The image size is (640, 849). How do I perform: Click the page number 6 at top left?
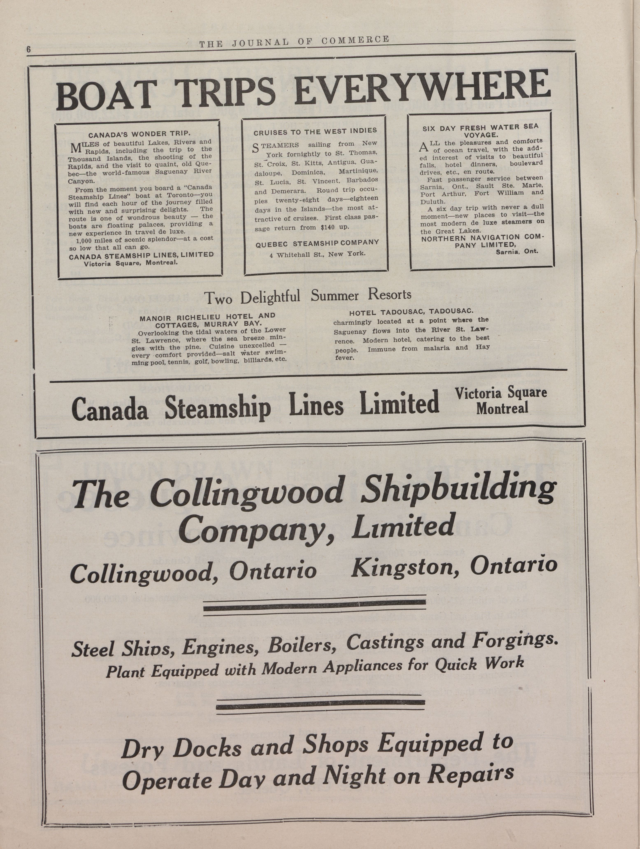click(28, 50)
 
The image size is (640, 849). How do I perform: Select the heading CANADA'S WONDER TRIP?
click(139, 134)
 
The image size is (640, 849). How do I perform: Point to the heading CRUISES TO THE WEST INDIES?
click(315, 131)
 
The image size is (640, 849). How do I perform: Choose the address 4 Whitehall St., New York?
click(317, 254)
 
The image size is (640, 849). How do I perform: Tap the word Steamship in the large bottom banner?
click(217, 409)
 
